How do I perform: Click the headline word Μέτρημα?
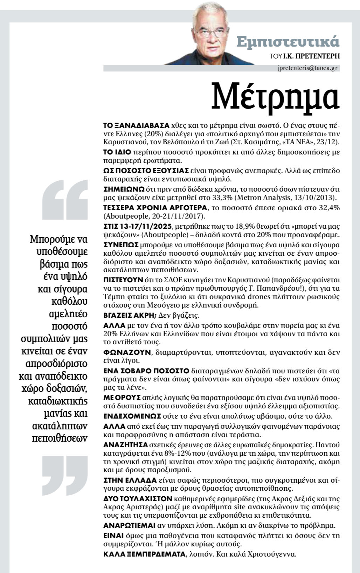pos(275,96)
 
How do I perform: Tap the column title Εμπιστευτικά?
pos(288,41)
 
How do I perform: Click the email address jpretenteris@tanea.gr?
pos(306,68)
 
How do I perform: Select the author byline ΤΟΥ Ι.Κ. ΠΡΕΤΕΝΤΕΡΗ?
pos(305,56)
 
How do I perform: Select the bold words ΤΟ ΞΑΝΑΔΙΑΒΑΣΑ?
pos(136,125)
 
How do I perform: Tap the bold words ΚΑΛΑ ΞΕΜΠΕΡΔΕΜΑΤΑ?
pos(144,554)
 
